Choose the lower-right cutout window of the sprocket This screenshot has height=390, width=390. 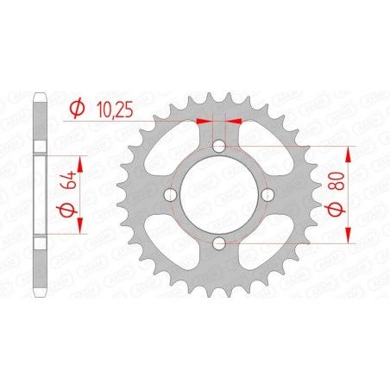pyautogui.click(x=269, y=244)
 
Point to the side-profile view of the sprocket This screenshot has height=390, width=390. pyautogui.click(x=38, y=194)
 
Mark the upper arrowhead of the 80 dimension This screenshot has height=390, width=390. pyautogui.click(x=349, y=152)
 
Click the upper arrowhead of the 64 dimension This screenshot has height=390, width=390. pyautogui.click(x=81, y=161)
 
